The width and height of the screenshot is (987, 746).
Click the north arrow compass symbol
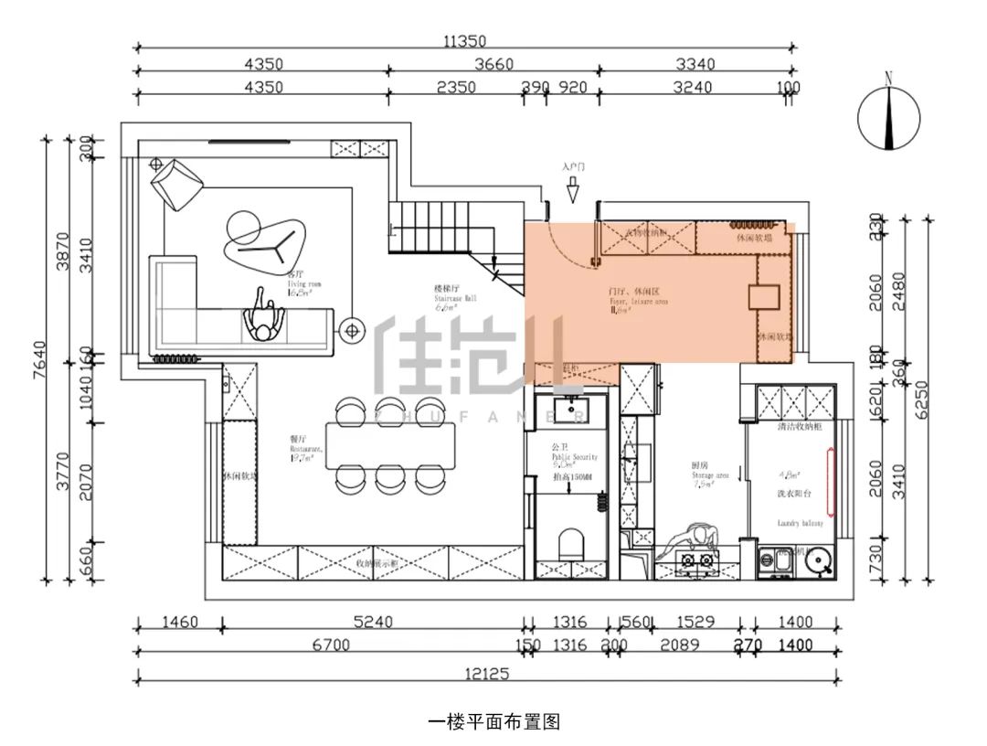pyautogui.click(x=888, y=115)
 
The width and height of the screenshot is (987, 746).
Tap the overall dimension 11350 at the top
pyautogui.click(x=466, y=40)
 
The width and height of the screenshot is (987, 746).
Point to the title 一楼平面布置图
pyautogui.click(x=493, y=721)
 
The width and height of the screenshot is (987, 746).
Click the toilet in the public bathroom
pyautogui.click(x=570, y=543)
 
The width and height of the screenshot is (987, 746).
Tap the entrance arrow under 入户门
pyautogui.click(x=573, y=191)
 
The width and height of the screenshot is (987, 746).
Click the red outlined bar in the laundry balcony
pyautogui.click(x=831, y=480)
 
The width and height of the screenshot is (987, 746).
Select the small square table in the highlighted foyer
pyautogui.click(x=763, y=298)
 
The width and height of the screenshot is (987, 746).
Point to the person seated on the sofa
pyautogui.click(x=265, y=319)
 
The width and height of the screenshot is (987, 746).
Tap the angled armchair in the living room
pyautogui.click(x=178, y=183)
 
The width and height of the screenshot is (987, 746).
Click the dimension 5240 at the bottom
pyautogui.click(x=373, y=623)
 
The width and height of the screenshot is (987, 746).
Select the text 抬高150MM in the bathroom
pyautogui.click(x=572, y=476)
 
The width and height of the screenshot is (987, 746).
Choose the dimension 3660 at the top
pyautogui.click(x=494, y=64)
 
